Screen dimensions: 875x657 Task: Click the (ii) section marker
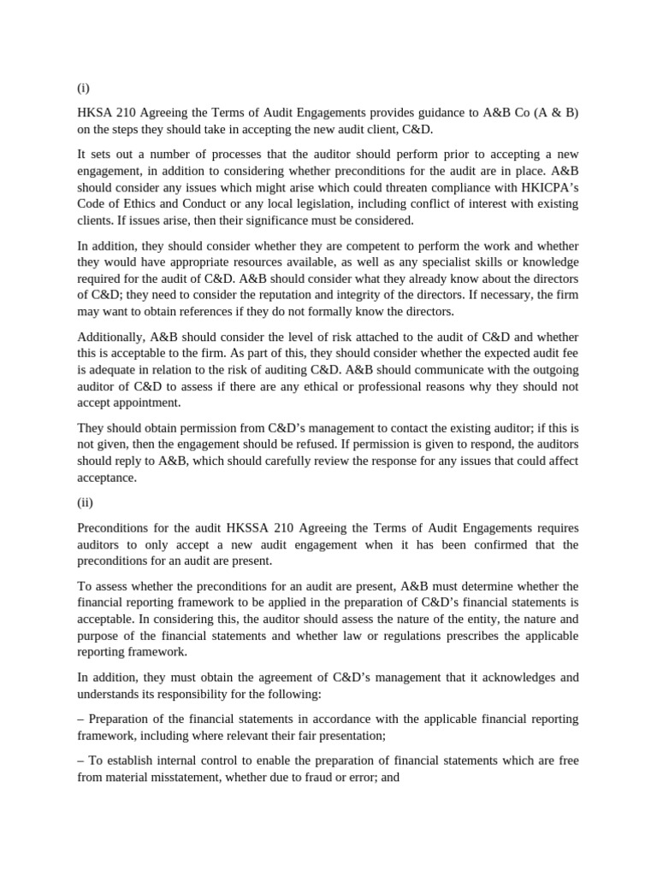(86, 504)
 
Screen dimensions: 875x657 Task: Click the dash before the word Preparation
(81, 719)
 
